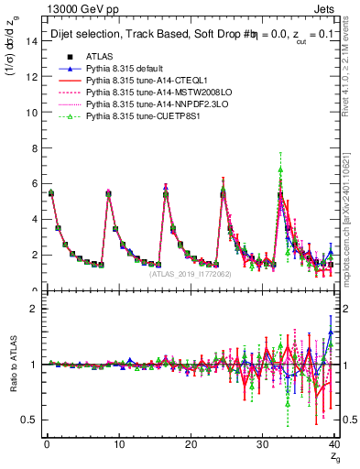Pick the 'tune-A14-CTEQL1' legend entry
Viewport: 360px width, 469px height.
pos(138,81)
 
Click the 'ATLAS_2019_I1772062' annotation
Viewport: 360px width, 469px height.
pos(190,274)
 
